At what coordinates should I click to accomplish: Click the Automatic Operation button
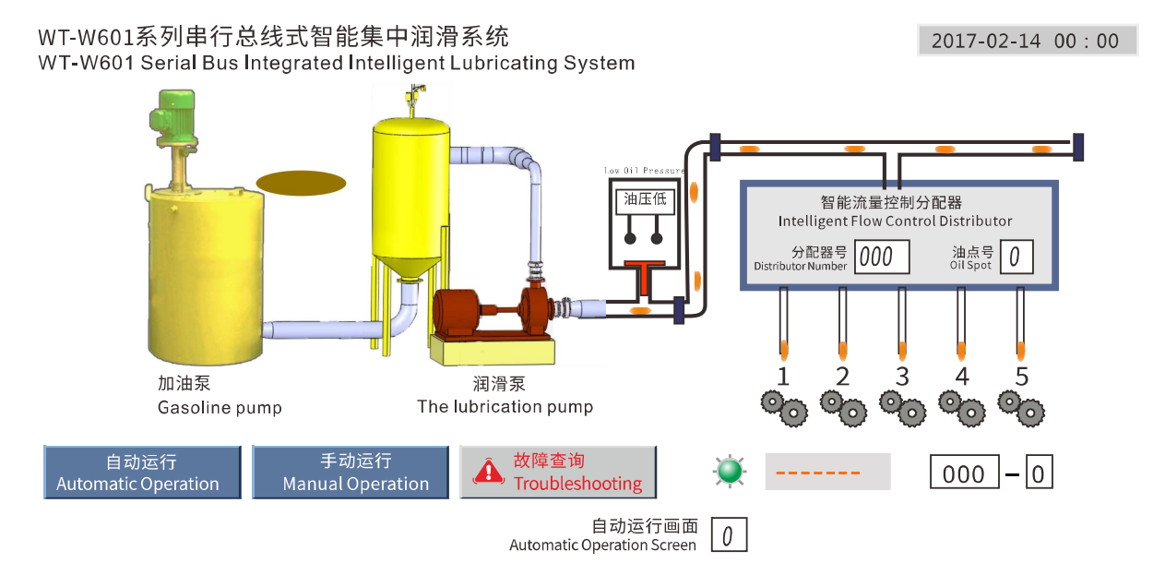tap(142, 473)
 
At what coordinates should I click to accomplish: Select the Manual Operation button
tap(351, 473)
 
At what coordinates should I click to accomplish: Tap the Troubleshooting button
tap(558, 473)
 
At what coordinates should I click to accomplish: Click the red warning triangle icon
tap(488, 472)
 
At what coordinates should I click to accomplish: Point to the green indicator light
tap(730, 472)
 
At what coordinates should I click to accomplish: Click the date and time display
tap(1027, 41)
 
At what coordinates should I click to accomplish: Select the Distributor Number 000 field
tap(882, 258)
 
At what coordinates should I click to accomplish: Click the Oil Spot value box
tap(1015, 258)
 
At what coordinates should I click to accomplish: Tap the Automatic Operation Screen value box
tap(728, 535)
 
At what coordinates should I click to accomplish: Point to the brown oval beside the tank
tap(301, 183)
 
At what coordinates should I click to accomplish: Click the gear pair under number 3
tap(902, 407)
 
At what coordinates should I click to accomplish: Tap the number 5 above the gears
tap(1021, 377)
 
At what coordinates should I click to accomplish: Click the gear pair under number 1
tap(783, 407)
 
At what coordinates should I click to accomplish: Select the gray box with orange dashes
tap(827, 472)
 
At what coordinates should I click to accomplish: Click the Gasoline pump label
tap(220, 407)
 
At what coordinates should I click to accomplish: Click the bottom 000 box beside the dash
tap(963, 473)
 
